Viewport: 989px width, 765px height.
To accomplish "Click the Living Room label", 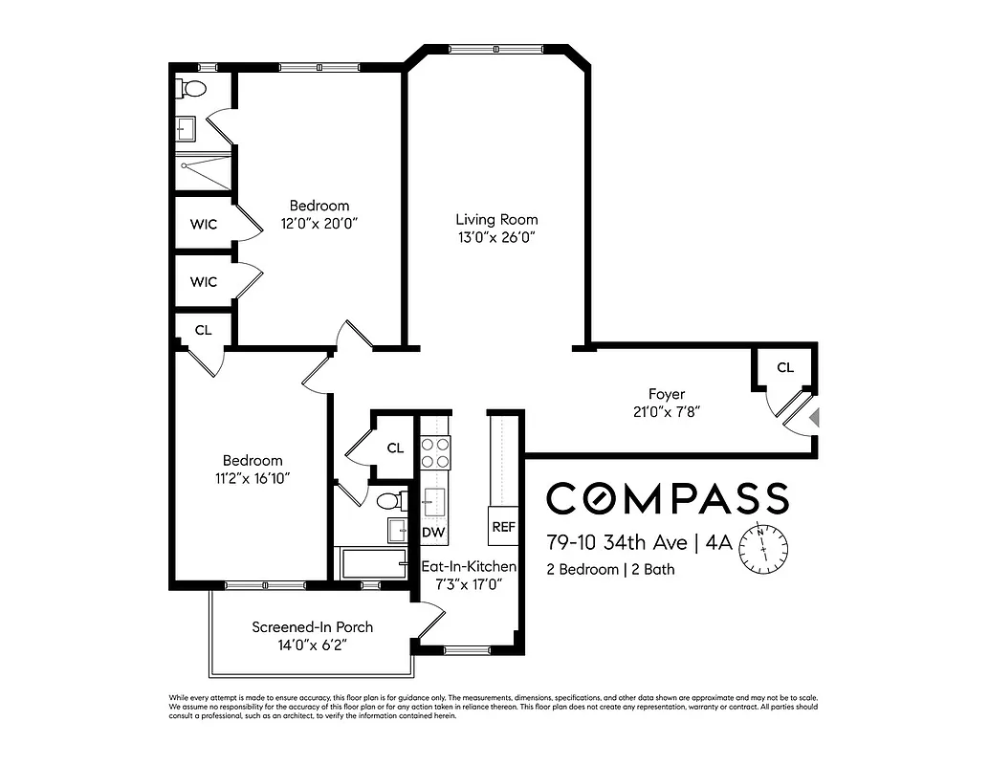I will [495, 219].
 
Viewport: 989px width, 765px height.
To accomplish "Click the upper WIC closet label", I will [203, 225].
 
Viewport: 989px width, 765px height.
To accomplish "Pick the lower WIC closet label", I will [203, 282].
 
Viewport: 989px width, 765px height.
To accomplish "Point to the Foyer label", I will [667, 394].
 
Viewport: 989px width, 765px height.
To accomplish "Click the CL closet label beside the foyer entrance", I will [784, 367].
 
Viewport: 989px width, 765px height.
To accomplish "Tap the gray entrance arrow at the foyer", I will [813, 418].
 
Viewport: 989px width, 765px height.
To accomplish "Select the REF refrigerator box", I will [503, 527].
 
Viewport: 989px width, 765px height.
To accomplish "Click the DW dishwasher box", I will [434, 531].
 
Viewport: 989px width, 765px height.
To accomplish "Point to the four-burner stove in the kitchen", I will [435, 451].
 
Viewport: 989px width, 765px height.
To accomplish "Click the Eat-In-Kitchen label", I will [469, 566].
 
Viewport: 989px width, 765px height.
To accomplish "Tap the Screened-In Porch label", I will [312, 627].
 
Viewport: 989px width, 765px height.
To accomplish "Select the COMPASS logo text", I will [667, 498].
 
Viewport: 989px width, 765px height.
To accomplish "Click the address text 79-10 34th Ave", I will [616, 543].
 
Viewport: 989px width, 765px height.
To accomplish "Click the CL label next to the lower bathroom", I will [395, 448].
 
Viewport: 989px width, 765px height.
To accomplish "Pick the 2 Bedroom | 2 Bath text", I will [610, 570].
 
